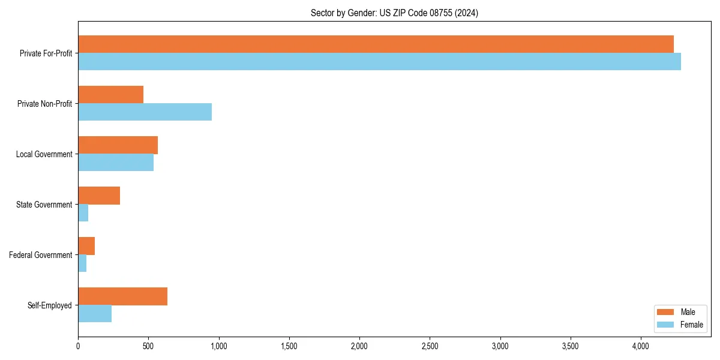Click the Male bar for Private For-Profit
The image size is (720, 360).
click(x=376, y=44)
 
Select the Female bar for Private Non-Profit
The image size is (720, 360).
click(x=145, y=112)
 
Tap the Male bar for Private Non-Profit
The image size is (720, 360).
click(x=110, y=95)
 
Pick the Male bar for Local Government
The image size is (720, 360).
click(x=118, y=145)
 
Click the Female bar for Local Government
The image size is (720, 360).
click(x=116, y=163)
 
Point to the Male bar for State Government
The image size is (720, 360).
click(x=99, y=196)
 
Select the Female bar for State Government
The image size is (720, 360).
click(x=83, y=213)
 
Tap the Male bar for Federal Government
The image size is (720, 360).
click(x=86, y=246)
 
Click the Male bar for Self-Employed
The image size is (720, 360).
click(x=122, y=296)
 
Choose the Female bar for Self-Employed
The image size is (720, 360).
click(x=95, y=314)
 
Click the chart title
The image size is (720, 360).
click(x=394, y=13)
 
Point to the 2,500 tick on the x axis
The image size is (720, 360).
click(x=430, y=346)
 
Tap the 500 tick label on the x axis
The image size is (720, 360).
click(x=148, y=346)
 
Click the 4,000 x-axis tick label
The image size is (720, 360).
click(x=641, y=346)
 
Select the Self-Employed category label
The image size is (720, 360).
click(x=50, y=305)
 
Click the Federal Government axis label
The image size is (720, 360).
click(x=41, y=255)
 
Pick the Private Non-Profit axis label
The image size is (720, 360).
click(x=44, y=104)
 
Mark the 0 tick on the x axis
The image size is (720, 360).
click(x=78, y=346)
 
